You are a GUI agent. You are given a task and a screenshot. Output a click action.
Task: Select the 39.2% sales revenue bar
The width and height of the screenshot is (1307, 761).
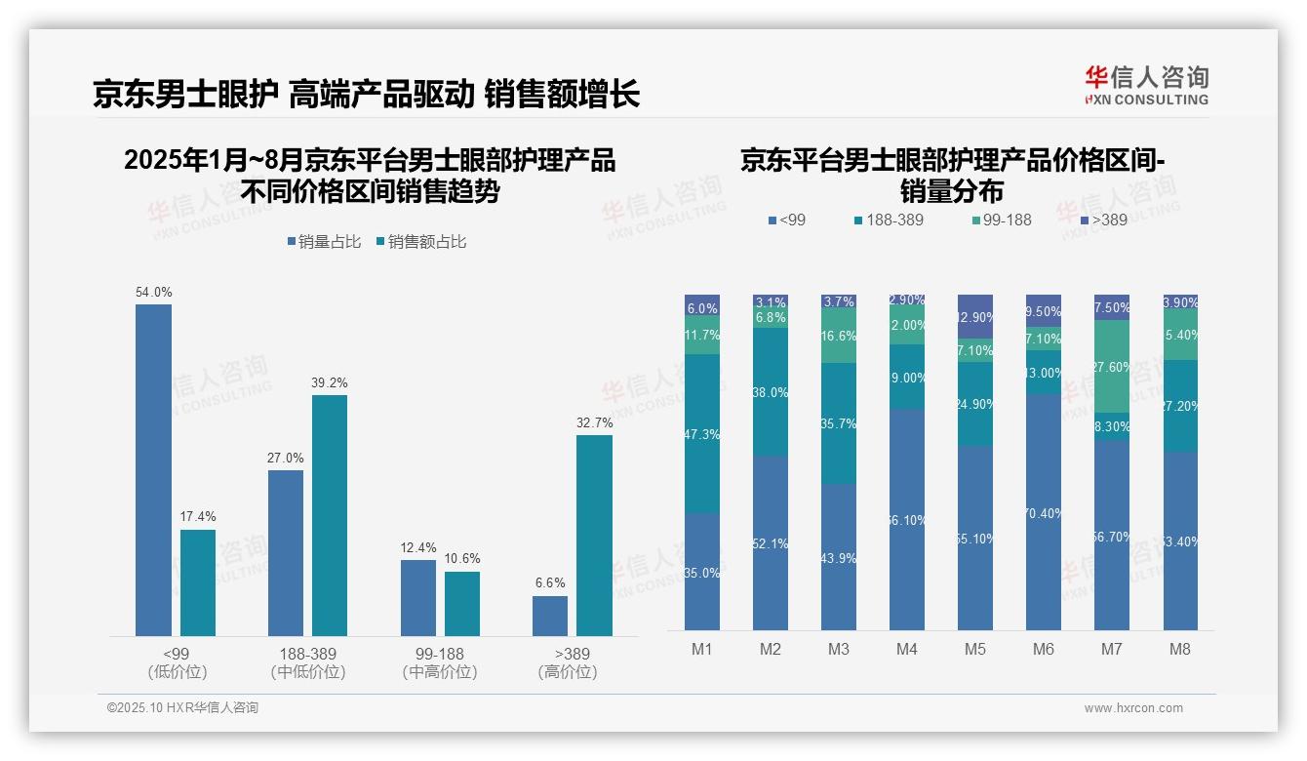click(x=330, y=515)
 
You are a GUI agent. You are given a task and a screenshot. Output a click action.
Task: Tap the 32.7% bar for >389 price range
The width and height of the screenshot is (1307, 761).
click(x=594, y=536)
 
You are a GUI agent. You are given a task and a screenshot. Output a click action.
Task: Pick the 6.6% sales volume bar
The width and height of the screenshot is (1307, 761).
click(x=550, y=616)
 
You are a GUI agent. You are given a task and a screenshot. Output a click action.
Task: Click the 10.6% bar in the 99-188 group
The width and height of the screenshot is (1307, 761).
click(x=462, y=603)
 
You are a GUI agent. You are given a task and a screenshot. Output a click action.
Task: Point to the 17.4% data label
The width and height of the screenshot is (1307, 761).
click(x=198, y=516)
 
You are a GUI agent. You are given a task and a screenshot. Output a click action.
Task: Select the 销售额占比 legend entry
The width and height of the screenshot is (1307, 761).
click(x=420, y=242)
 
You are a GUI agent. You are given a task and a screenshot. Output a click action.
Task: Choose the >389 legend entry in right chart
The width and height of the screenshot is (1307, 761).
click(x=1102, y=220)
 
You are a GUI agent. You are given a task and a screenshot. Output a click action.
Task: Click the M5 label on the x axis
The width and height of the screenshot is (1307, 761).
click(x=975, y=649)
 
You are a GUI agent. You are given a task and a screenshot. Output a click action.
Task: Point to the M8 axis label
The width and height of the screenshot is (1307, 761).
click(x=1179, y=649)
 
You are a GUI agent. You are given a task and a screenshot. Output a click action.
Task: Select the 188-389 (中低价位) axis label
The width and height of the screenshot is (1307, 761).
click(x=308, y=662)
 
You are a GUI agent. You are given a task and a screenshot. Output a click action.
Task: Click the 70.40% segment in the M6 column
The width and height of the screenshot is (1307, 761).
click(x=1044, y=512)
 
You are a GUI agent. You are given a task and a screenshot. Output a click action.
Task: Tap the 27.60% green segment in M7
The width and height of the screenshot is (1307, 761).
click(x=1112, y=366)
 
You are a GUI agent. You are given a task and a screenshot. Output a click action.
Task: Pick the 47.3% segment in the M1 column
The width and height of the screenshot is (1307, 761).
click(x=702, y=434)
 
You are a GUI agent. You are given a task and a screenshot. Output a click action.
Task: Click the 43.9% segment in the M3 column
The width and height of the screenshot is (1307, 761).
click(x=839, y=557)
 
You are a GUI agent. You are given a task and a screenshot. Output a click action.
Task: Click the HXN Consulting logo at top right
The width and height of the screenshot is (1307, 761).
click(x=1146, y=86)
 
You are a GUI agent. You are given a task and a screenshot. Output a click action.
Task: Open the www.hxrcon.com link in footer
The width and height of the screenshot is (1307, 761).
click(x=1132, y=708)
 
